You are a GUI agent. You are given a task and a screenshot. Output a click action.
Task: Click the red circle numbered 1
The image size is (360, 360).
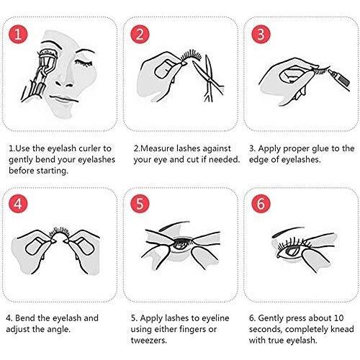click(18, 34)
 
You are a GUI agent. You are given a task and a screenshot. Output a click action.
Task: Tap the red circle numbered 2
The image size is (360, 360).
click(140, 34)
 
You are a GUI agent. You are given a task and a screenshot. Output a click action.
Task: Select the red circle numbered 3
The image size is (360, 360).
click(261, 34)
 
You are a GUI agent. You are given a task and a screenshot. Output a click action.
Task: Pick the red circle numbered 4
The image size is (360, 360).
click(18, 204)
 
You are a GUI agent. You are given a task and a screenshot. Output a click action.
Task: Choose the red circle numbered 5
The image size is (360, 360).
click(140, 204)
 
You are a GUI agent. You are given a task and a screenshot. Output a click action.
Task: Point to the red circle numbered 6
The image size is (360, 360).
click(261, 204)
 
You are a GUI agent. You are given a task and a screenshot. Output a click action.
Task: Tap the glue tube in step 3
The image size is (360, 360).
click(339, 80)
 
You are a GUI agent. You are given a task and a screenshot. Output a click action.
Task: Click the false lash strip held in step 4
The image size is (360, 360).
click(59, 233)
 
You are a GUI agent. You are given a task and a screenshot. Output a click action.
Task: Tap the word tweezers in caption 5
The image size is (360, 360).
click(149, 341)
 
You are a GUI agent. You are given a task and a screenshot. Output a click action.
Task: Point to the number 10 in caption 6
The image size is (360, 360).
click(338, 318)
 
